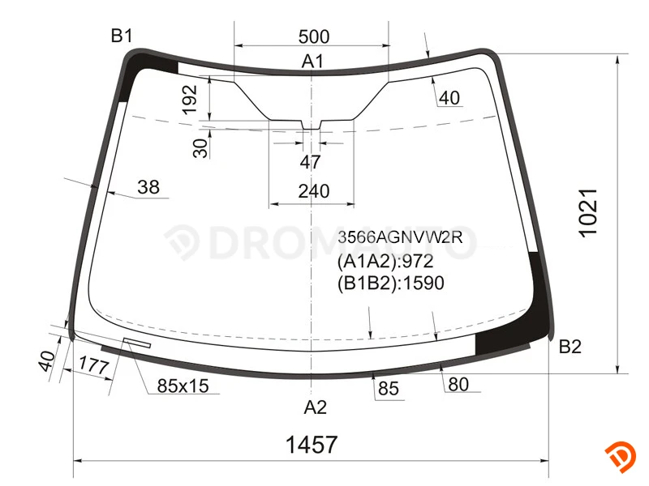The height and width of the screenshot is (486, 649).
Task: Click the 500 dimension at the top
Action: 314,36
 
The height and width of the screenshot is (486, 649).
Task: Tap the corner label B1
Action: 122,36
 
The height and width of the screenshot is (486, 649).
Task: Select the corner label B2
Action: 570,347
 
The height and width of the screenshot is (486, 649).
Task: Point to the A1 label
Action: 312,62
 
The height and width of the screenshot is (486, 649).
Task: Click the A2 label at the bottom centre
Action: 316,407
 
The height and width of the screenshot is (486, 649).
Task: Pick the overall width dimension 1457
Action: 312,445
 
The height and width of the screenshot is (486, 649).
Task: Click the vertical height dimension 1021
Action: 588,213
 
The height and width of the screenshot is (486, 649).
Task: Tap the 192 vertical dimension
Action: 190,100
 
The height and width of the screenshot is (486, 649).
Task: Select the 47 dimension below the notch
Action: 311,162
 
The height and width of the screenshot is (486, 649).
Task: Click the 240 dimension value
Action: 314,191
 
